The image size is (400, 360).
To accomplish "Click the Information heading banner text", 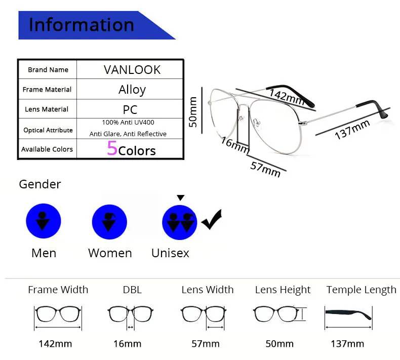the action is (82, 25).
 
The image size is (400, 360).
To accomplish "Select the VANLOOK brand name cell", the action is (132, 70).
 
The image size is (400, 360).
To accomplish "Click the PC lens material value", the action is (130, 109).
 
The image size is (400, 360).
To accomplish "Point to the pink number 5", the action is (112, 148).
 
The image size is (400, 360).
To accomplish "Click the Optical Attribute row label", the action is (48, 130).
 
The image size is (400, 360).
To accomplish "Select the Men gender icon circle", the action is (44, 221).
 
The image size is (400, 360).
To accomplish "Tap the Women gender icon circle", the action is (109, 222).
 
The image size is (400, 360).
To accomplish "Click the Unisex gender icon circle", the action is (180, 222).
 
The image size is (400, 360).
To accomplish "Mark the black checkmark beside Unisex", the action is (212, 220).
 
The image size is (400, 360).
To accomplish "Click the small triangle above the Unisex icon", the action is (181, 198).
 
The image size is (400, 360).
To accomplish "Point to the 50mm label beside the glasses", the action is (193, 112).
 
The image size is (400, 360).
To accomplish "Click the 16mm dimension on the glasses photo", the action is (235, 145).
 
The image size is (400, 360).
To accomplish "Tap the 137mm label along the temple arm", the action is (352, 129).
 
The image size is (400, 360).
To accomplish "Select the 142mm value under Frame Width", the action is (55, 344).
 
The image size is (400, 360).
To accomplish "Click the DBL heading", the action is (132, 290).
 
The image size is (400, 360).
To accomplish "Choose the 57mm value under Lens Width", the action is (206, 344).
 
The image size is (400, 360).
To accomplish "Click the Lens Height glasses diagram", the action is (279, 313).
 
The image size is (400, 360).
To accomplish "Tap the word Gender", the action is (40, 184).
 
